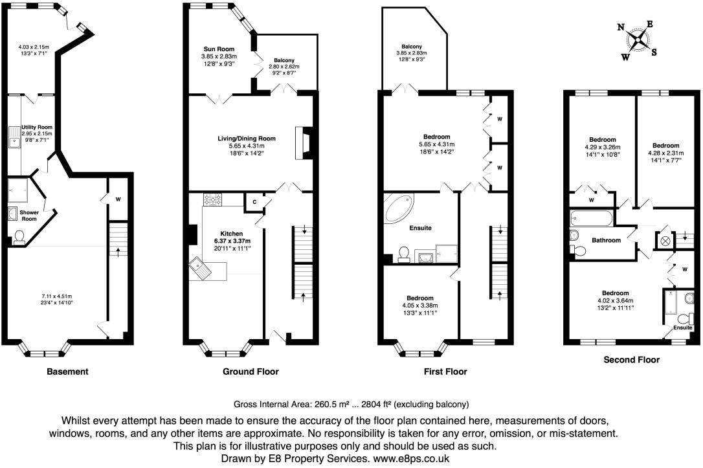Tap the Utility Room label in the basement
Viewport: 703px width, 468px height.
(37, 128)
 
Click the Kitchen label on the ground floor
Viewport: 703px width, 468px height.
(231, 234)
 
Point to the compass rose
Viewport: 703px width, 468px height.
(639, 40)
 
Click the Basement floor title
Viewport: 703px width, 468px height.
(67, 372)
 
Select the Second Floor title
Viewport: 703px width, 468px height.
(631, 359)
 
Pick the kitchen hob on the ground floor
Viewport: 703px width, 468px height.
(214, 201)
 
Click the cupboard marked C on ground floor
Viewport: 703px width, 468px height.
(253, 203)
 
